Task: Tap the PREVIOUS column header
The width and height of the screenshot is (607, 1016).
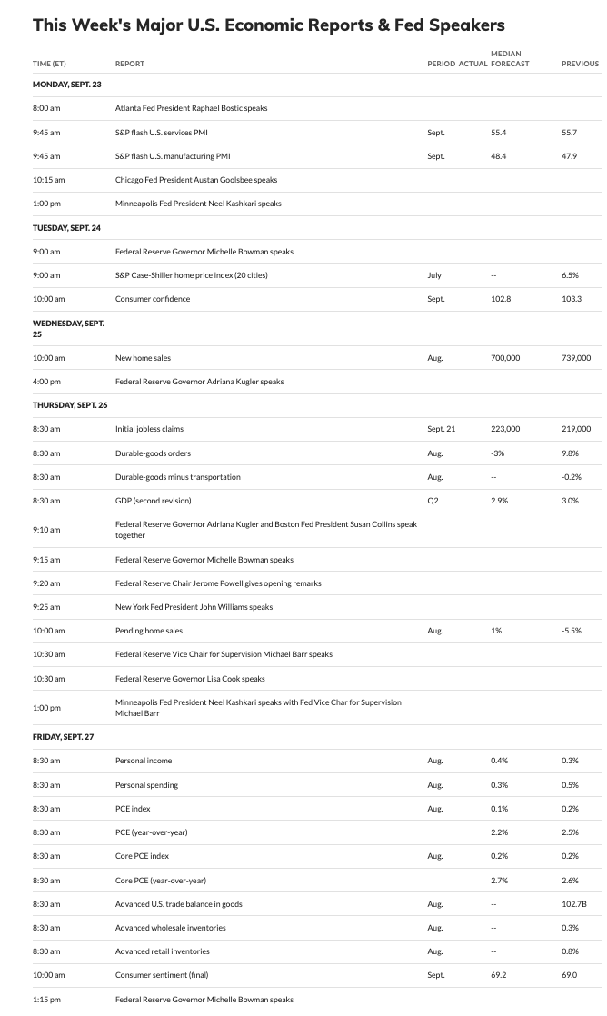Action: coord(580,64)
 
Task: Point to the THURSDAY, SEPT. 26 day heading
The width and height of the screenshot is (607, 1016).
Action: coord(69,405)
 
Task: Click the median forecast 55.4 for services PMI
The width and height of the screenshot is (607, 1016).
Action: coord(498,133)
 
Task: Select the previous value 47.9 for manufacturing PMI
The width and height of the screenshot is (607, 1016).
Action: coord(570,156)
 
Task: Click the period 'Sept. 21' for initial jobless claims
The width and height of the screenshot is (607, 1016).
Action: coord(442,429)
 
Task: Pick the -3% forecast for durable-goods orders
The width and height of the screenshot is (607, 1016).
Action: coord(496,453)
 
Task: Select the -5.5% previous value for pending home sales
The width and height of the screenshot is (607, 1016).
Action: coord(571,631)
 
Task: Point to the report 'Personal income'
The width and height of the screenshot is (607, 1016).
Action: coord(144,761)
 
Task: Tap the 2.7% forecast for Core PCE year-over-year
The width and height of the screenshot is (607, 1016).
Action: coord(498,880)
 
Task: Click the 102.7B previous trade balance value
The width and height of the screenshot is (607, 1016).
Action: coord(574,904)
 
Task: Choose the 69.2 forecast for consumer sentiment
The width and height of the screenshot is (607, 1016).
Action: coord(498,975)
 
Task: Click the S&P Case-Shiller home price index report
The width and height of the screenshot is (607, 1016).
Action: coord(191,275)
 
